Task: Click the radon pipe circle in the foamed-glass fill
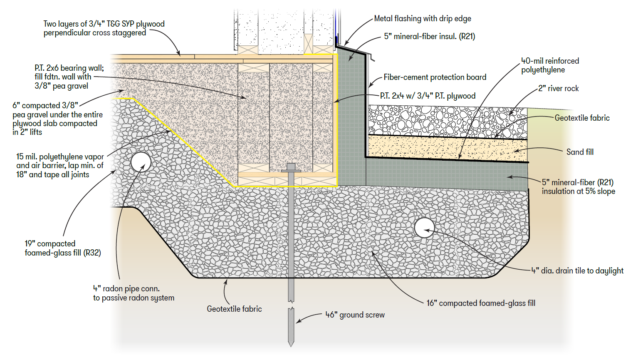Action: coord(141,162)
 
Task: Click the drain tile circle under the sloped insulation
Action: coord(425,228)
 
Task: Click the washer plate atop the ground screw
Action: coord(291,171)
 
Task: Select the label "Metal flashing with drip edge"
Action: coord(423,19)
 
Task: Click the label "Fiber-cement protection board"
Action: coord(435,77)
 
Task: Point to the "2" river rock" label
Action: coord(558,89)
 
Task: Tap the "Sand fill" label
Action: coord(580,152)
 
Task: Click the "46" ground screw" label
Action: coord(355,315)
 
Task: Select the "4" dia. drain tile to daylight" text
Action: coord(577,271)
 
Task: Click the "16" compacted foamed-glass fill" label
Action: coord(481,303)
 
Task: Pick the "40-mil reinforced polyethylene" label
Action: coord(550,65)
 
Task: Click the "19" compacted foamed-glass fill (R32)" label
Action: coord(63,248)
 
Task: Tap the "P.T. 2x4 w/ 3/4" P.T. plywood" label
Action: coord(428,96)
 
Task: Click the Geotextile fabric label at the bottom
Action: coord(234,309)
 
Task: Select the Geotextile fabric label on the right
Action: coord(582,118)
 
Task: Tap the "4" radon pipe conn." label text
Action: coord(126,289)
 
